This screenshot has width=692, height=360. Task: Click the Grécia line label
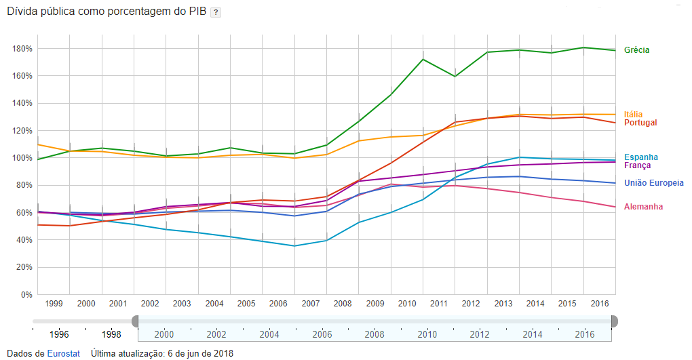[x=637, y=50]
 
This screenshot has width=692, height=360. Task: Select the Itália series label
[x=634, y=114]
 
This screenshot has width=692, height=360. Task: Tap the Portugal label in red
[x=641, y=123]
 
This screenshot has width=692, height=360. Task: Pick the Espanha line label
[x=641, y=157]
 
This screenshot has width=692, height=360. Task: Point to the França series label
[x=638, y=165]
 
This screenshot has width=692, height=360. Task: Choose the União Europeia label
[x=654, y=183]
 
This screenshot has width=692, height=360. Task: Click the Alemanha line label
[x=644, y=207]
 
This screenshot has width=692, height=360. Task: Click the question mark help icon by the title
[x=215, y=13]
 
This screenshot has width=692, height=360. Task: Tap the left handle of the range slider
[x=136, y=321]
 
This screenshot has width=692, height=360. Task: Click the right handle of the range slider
[x=614, y=321]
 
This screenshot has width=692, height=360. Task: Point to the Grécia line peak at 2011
[x=423, y=59]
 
